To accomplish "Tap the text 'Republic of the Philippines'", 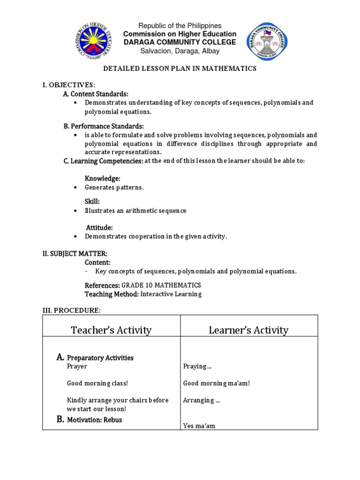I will point(180,26).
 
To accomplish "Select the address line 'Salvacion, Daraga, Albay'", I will point(180,51).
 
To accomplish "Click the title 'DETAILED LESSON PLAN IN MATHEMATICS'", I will point(180,68).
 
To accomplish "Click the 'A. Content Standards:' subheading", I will point(96,94).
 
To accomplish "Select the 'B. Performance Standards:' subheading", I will point(104,126).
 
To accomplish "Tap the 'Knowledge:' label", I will point(103,179).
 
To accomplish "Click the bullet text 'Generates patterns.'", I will point(114,187).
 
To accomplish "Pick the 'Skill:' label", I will point(92,202).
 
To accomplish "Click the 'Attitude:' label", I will point(99,227).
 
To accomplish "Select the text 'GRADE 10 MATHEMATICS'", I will point(161,285).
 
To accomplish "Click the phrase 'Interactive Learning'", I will point(171,294).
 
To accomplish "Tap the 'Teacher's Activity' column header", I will point(111,330).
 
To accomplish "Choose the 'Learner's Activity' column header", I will point(248,330).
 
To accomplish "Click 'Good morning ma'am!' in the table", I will point(217,383).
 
